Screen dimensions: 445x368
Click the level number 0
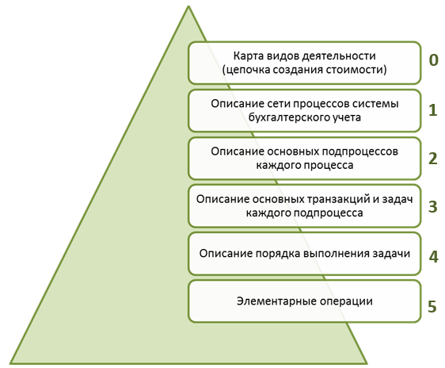tap(433, 60)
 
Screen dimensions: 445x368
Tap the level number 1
tap(433, 110)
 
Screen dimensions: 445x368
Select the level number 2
tap(433, 159)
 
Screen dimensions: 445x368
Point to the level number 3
tap(433, 206)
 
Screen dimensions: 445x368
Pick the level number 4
tap(433, 257)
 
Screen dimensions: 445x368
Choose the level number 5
tap(432, 307)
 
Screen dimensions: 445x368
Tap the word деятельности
tap(339, 56)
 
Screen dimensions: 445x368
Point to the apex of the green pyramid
tap(188, 6)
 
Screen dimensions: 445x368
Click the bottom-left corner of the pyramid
tap(11, 363)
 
